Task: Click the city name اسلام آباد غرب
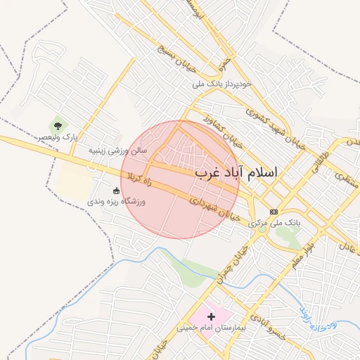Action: coord(236,172)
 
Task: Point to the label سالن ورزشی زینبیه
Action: coord(118,150)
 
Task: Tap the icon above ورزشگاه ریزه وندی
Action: coord(116,190)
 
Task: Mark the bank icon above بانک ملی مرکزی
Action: coord(274,212)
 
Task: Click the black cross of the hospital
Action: coord(211,317)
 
